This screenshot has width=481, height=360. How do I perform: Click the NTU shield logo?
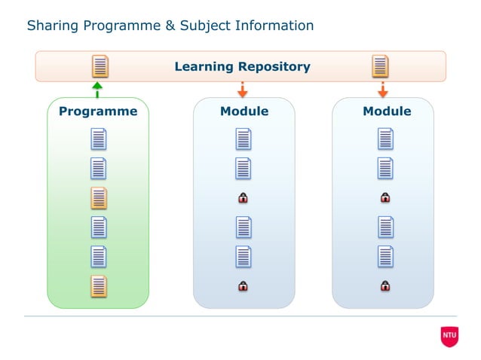pyautogui.click(x=449, y=336)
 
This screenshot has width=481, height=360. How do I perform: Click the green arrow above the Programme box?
pyautogui.click(x=97, y=90)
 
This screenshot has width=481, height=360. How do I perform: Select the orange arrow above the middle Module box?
pyautogui.click(x=243, y=90)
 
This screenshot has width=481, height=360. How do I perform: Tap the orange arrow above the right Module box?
pyautogui.click(x=382, y=90)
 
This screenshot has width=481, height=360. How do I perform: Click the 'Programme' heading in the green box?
pyautogui.click(x=98, y=111)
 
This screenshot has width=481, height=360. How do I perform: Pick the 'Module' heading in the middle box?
pyautogui.click(x=244, y=111)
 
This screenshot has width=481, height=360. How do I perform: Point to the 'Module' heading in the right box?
pyautogui.click(x=387, y=111)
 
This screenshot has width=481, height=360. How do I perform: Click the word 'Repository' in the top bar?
pyautogui.click(x=274, y=66)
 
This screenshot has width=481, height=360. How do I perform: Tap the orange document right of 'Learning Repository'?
pyautogui.click(x=381, y=66)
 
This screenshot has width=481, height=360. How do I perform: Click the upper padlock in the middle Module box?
pyautogui.click(x=243, y=198)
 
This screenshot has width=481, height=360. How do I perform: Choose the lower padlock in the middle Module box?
pyautogui.click(x=243, y=286)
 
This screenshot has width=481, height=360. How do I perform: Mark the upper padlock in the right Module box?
pyautogui.click(x=385, y=198)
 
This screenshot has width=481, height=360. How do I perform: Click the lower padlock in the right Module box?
pyautogui.click(x=385, y=286)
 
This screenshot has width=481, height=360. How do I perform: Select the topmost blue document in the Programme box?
pyautogui.click(x=99, y=139)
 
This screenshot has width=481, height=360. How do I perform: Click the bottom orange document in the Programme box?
pyautogui.click(x=99, y=286)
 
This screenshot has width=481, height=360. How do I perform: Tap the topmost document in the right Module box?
pyautogui.click(x=385, y=139)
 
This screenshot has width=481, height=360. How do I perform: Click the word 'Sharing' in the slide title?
pyautogui.click(x=52, y=26)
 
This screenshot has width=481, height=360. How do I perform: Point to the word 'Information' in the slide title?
pyautogui.click(x=274, y=26)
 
